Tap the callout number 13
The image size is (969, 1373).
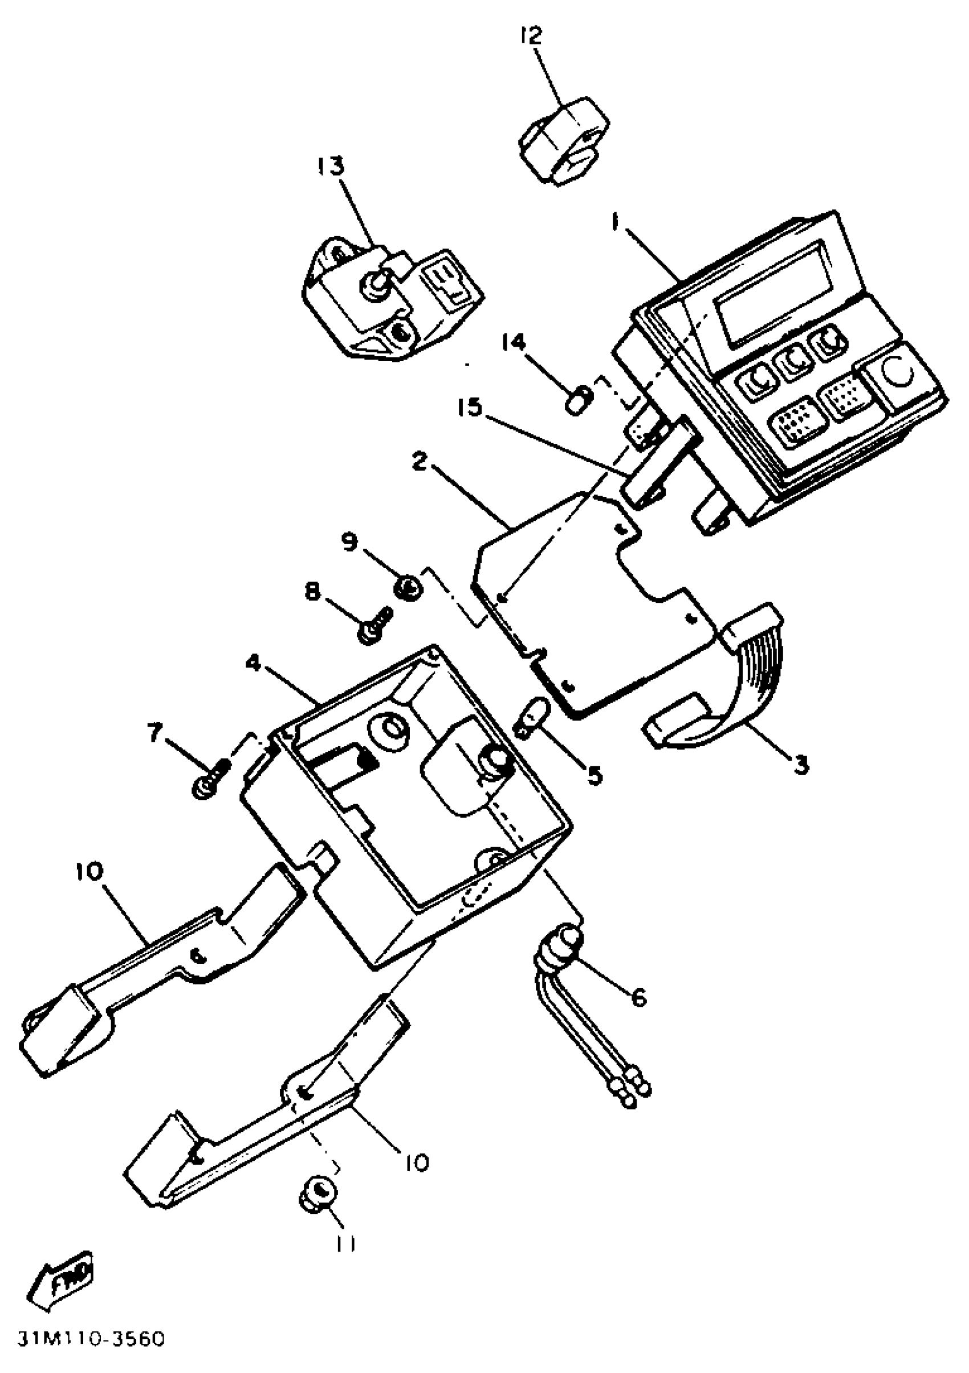[x=331, y=166]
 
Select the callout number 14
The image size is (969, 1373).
[x=514, y=343]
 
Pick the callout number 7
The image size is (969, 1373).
[x=155, y=733]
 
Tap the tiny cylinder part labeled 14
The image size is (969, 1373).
[x=577, y=397]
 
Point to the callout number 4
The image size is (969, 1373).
[x=254, y=663]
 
